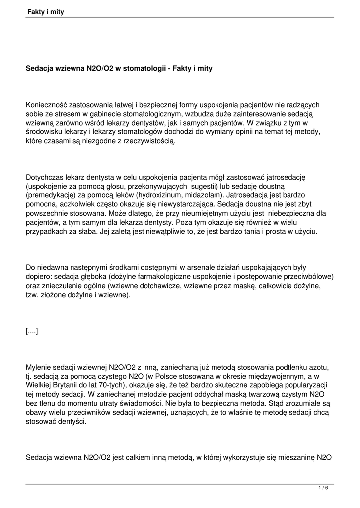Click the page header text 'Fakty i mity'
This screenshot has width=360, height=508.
pyautogui.click(x=46, y=12)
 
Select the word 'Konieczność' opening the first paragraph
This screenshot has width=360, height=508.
pyautogui.click(x=46, y=105)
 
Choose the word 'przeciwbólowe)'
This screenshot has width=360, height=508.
pyautogui.click(x=309, y=277)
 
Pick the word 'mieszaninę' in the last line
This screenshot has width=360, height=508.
pyautogui.click(x=295, y=458)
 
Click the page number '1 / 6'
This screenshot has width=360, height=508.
pyautogui.click(x=323, y=488)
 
